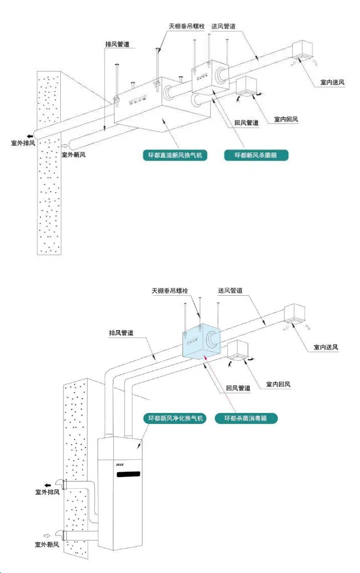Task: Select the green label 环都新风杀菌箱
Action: coord(256,155)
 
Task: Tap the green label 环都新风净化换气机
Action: coord(174,419)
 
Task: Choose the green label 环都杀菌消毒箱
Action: coord(247,419)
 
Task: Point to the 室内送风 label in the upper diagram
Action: coord(334,83)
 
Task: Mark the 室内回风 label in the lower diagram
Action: coord(278,385)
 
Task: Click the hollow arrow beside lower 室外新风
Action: coord(48,536)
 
